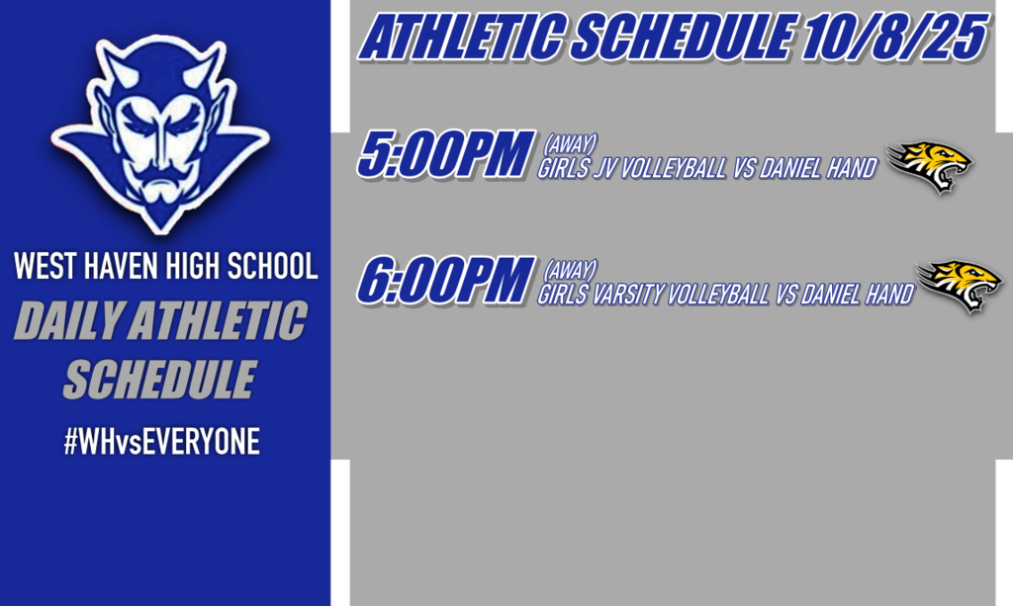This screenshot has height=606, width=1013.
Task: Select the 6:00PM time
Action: click(x=440, y=282)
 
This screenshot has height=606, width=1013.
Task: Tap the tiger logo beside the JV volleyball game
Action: click(x=930, y=166)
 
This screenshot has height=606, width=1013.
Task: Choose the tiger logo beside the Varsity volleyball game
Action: click(x=961, y=286)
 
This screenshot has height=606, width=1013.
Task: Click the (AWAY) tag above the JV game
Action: click(x=571, y=144)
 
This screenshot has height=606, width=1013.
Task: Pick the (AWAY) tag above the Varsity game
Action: click(x=571, y=270)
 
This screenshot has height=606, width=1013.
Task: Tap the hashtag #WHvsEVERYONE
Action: click(x=161, y=442)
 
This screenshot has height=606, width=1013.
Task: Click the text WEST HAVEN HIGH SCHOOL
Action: click(x=165, y=266)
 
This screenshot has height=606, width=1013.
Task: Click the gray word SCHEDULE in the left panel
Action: click(x=158, y=380)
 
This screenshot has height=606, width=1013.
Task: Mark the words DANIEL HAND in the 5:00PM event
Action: click(x=817, y=168)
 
